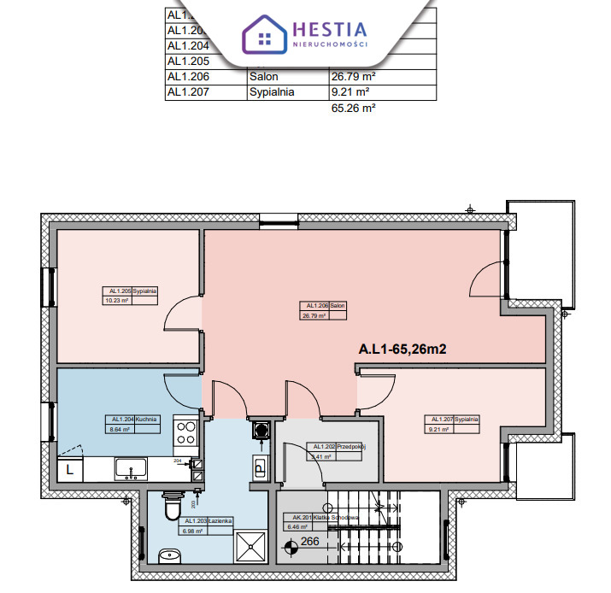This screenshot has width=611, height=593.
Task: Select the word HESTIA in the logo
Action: point(330,28)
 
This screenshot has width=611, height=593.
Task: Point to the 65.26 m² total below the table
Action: point(352,109)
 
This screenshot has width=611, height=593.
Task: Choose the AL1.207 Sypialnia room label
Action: point(454,425)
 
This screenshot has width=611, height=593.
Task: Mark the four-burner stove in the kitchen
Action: point(185,433)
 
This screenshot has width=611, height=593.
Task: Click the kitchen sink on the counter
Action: point(132,468)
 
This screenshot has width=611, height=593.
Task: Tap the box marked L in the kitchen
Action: point(69,470)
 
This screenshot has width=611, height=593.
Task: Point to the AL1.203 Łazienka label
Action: point(206,525)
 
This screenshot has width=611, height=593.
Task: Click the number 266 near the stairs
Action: point(309,541)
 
